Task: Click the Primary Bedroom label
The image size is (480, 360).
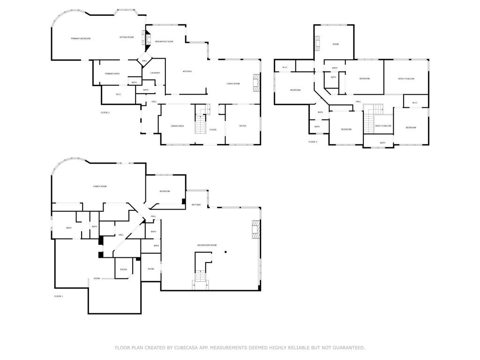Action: point(81,38)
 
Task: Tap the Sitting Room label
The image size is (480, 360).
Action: point(127,37)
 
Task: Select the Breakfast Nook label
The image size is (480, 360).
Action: point(164,42)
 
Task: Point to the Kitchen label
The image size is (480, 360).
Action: point(187,71)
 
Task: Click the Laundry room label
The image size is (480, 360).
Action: point(155,73)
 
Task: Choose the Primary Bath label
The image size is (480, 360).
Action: point(112,74)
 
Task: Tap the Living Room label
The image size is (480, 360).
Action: point(233,83)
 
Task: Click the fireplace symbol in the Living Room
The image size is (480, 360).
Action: point(256,82)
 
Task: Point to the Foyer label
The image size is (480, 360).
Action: point(213,129)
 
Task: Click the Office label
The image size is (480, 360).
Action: point(243,126)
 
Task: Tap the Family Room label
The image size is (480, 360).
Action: point(100,187)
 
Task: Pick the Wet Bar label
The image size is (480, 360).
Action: point(196,205)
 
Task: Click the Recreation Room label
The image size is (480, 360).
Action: point(207,245)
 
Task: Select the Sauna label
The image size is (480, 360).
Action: point(123,270)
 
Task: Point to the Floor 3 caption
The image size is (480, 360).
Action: point(313,142)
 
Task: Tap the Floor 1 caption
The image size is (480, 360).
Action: point(59,296)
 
